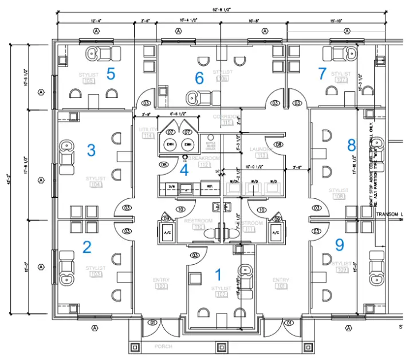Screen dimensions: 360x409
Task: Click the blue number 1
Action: click(217, 275)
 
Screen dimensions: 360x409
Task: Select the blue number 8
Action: click(351, 144)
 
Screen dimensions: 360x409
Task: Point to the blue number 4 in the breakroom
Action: click(184, 170)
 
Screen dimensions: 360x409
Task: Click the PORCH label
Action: click(163, 347)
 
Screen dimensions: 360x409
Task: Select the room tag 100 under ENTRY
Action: click(161, 285)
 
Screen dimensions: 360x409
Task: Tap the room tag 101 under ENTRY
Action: click(281, 285)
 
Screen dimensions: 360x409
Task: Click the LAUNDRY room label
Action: click(261, 149)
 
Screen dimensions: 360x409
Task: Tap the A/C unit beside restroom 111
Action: click(276, 233)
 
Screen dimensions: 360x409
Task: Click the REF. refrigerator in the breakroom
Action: click(210, 187)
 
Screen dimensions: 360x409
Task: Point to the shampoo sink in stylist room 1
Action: click(246, 271)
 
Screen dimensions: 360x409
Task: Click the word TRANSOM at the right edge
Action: click(387, 214)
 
